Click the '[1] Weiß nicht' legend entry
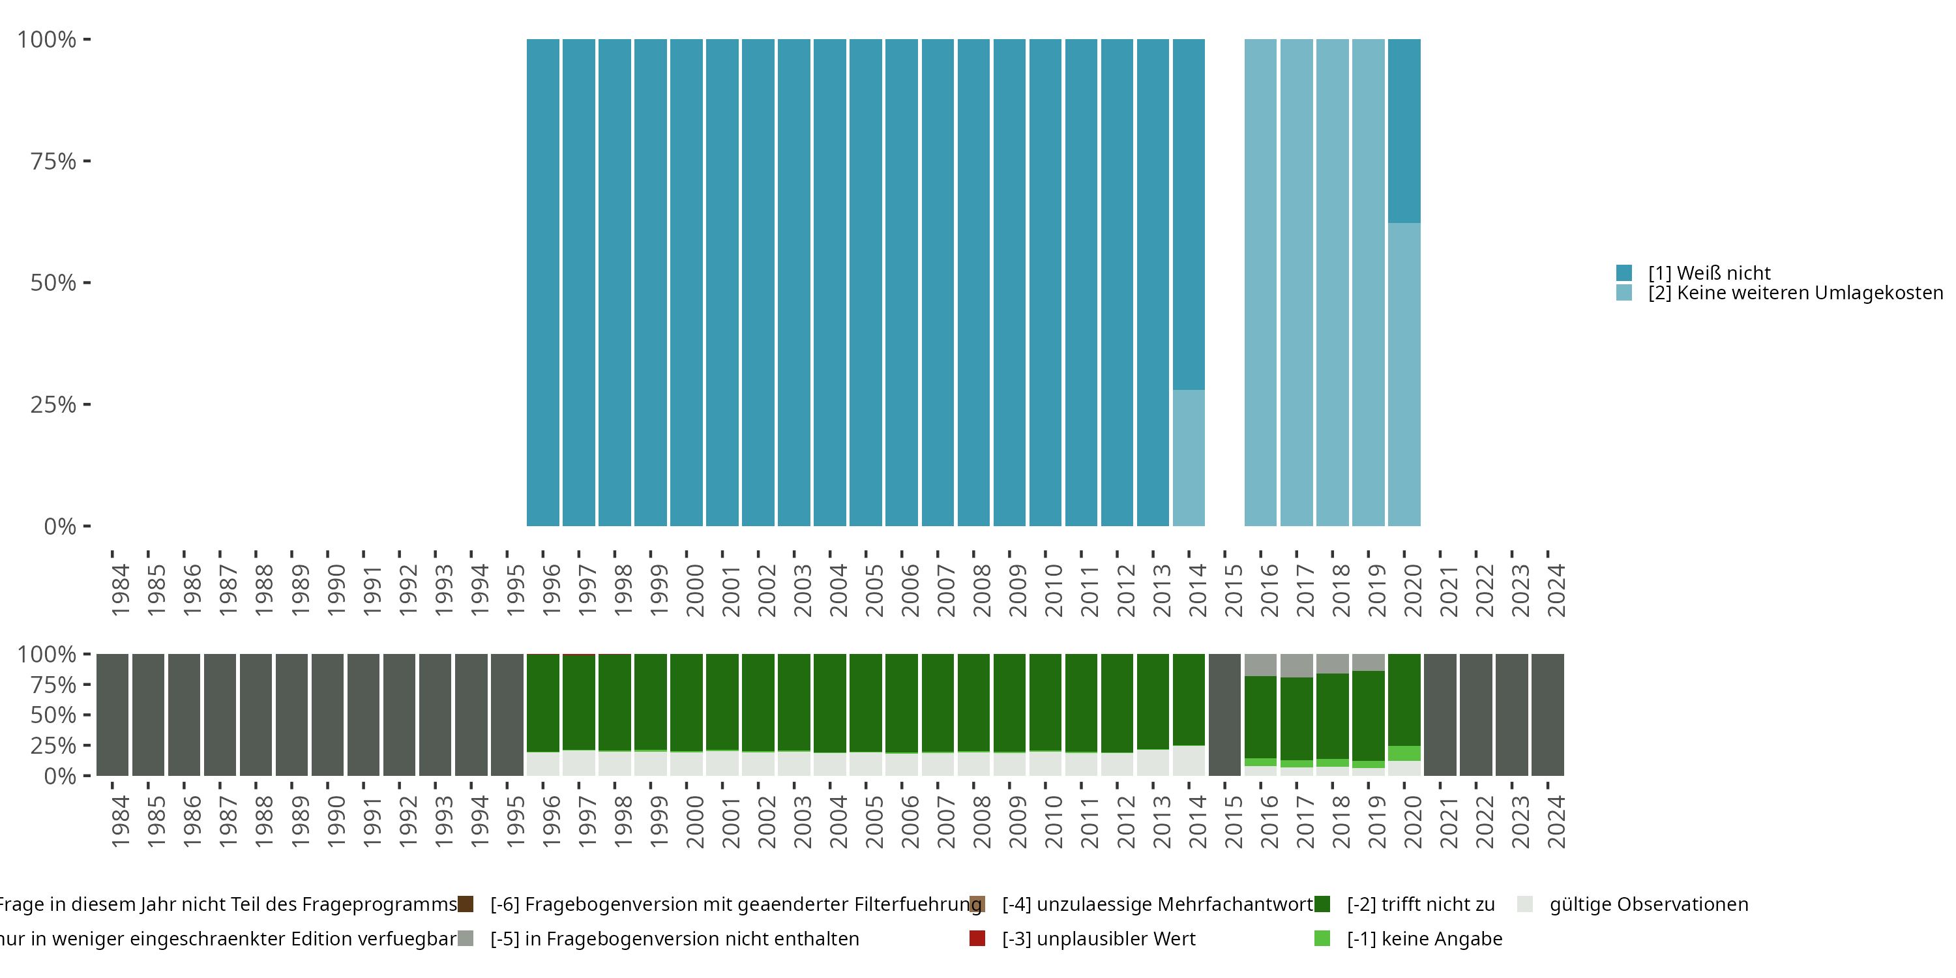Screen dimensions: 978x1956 pos(1708,273)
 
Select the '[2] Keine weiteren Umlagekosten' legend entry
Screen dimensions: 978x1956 pos(1792,293)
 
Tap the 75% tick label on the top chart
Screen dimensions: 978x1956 pos(53,161)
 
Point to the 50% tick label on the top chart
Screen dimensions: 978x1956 pos(53,282)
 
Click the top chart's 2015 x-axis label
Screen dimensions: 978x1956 pos(1233,590)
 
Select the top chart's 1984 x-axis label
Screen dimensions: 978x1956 pos(120,590)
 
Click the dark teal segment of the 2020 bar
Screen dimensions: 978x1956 pos(1404,130)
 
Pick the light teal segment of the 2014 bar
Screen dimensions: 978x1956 pos(1189,457)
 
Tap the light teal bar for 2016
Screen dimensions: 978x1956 pos(1260,282)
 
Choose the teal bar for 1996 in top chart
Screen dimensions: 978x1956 pos(543,282)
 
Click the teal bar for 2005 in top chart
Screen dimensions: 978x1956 pos(866,282)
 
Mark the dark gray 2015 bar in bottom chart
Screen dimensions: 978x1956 pos(1224,715)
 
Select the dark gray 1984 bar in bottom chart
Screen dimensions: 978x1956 pos(112,715)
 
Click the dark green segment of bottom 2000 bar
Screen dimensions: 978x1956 pos(687,702)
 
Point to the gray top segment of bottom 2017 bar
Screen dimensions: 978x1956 pos(1296,665)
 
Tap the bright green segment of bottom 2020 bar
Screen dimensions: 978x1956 pos(1404,753)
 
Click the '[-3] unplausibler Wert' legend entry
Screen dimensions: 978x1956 pos(1098,938)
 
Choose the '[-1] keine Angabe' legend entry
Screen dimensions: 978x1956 pos(1424,938)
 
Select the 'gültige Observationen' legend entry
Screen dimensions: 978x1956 pos(1648,904)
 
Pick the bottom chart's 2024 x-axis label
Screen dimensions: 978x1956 pos(1556,822)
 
